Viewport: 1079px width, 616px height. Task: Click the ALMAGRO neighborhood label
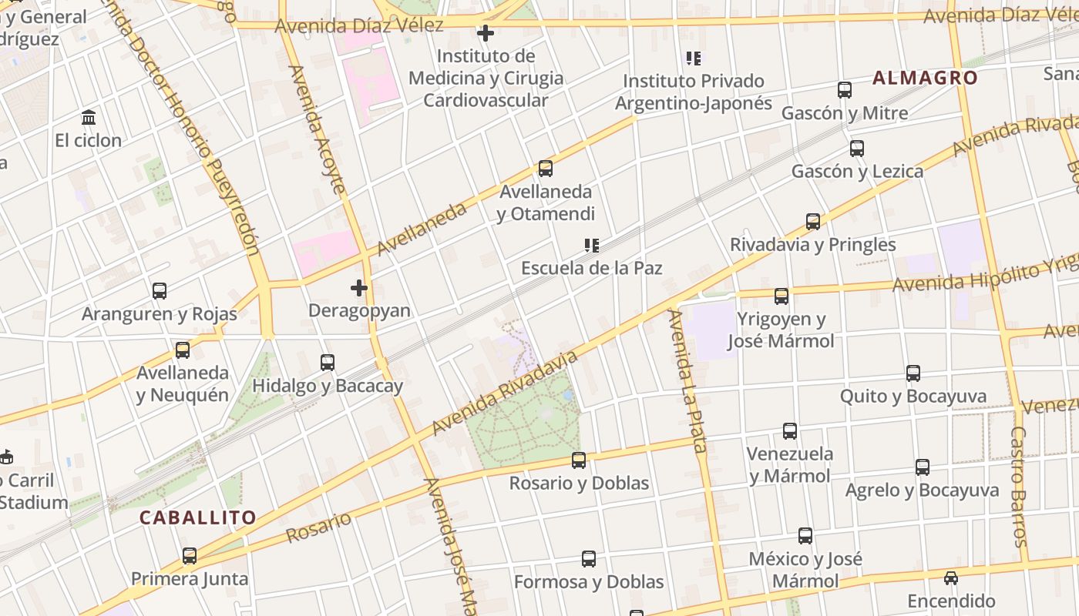925,78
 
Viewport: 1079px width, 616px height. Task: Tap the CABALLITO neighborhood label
197,517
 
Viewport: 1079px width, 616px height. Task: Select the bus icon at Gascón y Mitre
845,90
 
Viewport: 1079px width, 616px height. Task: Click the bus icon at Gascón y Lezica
856,149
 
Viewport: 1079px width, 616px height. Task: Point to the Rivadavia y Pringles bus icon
813,222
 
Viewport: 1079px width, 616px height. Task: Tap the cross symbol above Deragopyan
359,288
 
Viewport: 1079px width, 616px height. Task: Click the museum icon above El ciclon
89,118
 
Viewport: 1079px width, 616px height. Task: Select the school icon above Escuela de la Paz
592,246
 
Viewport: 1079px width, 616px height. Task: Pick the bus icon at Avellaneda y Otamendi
546,169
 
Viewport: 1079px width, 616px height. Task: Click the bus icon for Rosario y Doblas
579,460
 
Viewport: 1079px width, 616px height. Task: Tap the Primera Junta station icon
190,556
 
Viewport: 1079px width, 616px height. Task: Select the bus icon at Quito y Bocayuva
913,373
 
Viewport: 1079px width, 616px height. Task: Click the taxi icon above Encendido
951,578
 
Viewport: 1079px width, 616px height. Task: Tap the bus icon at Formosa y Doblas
589,559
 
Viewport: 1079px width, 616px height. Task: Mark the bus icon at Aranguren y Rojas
160,291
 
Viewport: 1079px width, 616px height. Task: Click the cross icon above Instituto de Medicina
486,33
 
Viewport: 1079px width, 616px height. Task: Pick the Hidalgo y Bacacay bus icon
328,363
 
